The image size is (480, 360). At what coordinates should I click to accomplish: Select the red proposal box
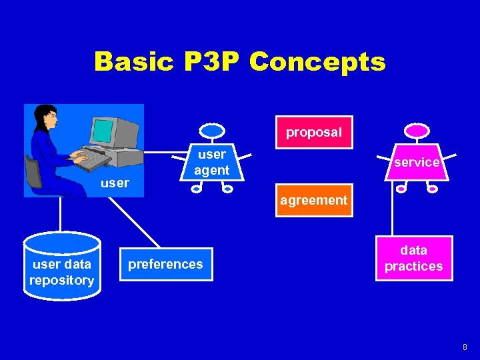313,132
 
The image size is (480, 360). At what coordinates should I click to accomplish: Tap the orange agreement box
313,200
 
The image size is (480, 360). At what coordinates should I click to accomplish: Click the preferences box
165,264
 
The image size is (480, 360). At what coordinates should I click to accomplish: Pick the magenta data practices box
413,258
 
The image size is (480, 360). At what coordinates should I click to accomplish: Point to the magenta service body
417,162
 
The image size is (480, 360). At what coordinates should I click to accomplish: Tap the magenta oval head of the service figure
417,131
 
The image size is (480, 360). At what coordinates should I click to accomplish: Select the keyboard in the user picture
89,160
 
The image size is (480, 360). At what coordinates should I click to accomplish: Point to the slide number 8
465,347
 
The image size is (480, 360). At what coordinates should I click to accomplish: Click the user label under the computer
114,183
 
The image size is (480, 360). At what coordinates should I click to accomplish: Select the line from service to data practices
393,213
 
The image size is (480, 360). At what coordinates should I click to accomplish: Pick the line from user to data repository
61,215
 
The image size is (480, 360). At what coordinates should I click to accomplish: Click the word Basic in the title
132,62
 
